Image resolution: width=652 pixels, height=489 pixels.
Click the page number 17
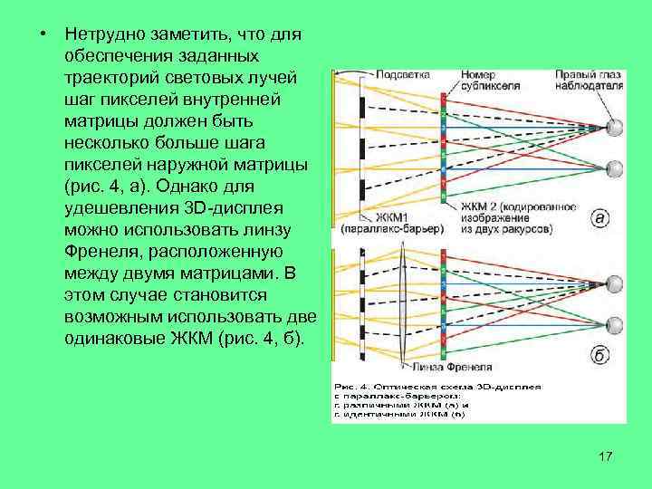tap(606, 455)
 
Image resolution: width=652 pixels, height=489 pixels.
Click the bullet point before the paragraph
tap(43, 34)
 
